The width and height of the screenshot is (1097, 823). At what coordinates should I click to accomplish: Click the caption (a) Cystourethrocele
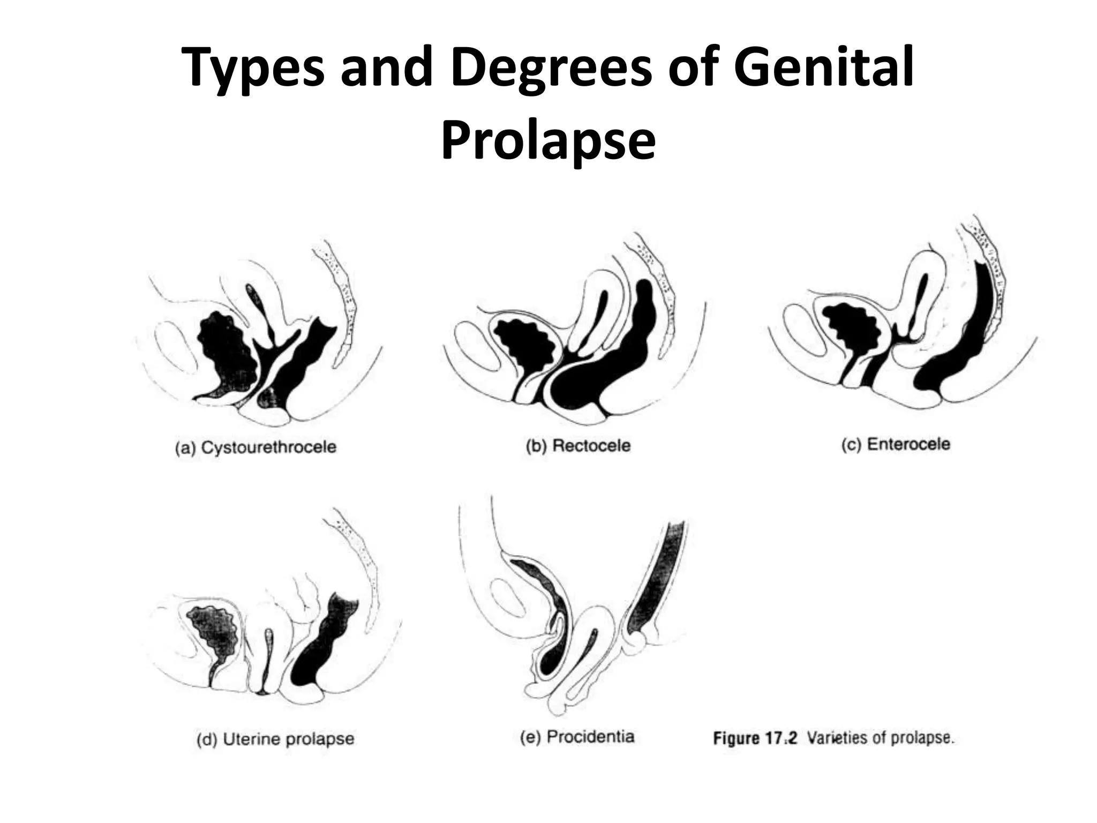[256, 447]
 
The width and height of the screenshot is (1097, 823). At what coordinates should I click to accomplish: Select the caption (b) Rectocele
[578, 446]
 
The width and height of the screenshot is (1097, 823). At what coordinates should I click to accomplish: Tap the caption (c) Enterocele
[896, 444]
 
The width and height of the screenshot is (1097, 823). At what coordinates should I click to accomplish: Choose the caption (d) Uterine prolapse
[275, 739]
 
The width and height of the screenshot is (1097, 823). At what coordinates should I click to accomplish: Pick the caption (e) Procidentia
[577, 737]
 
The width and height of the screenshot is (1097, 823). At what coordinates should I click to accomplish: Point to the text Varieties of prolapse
[881, 738]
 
